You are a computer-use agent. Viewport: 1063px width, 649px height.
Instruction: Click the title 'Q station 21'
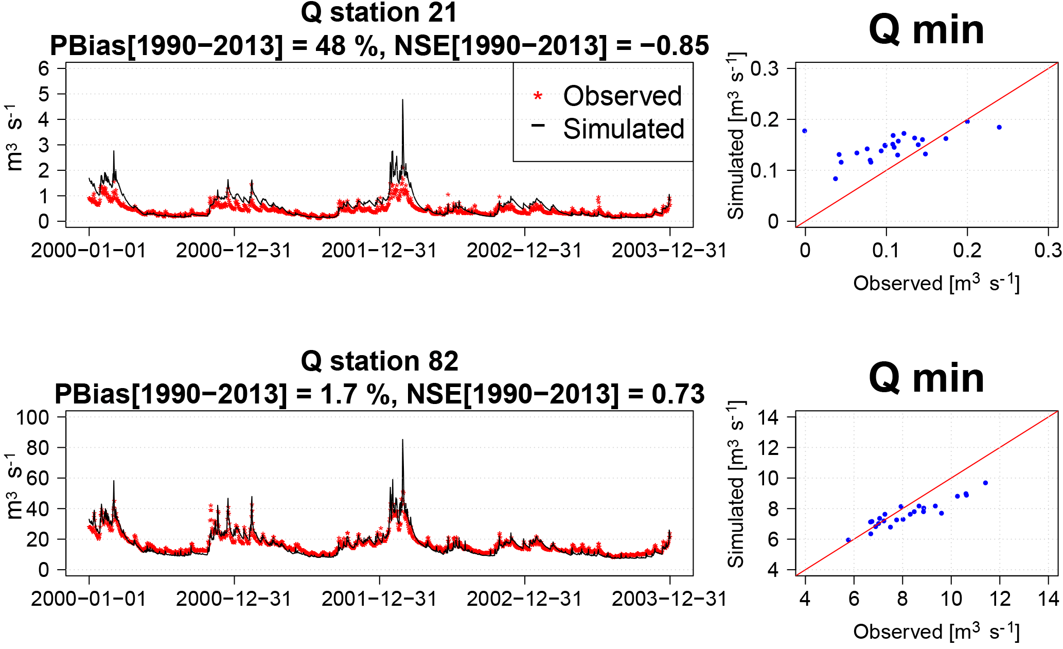tap(379, 12)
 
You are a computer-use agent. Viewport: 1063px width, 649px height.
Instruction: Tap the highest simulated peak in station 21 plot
tap(402, 101)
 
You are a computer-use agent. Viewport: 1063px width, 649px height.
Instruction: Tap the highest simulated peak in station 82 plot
tap(402, 441)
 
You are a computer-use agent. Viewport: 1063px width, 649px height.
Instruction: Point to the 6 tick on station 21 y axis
tap(44, 68)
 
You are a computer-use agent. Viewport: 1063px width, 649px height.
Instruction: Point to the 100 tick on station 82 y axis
tap(32, 417)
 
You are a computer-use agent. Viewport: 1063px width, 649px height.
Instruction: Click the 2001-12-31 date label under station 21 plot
tap(379, 251)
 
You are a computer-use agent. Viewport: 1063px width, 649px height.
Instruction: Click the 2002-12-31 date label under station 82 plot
tap(524, 599)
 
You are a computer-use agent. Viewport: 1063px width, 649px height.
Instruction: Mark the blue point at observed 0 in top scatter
tap(805, 131)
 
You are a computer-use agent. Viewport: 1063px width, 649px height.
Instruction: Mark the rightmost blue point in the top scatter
tap(999, 127)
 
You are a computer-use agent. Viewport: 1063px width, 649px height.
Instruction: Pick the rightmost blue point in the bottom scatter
tap(985, 483)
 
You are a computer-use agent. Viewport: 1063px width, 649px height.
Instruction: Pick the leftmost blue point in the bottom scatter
tap(848, 540)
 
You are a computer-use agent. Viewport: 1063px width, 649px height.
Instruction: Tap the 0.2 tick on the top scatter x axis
tap(967, 251)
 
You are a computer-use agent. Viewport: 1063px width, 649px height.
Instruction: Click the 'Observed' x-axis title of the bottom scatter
tap(936, 632)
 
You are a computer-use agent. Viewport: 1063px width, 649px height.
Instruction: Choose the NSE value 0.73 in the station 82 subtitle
tap(678, 394)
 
